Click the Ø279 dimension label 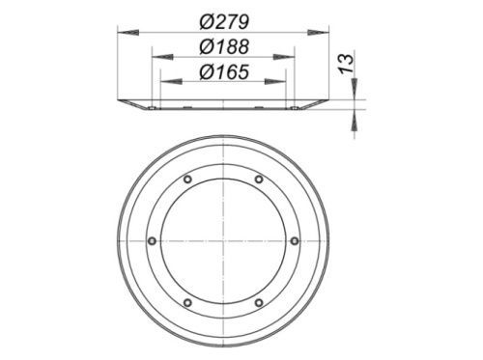[224, 22]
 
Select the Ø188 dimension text [224, 46]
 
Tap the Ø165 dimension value [224, 71]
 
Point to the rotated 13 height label [347, 65]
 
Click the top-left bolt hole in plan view [187, 180]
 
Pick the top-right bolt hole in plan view [259, 180]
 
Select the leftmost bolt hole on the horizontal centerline [152, 241]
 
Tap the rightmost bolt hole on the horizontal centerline [295, 241]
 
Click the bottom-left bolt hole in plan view [187, 303]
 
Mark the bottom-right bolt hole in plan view [259, 303]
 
